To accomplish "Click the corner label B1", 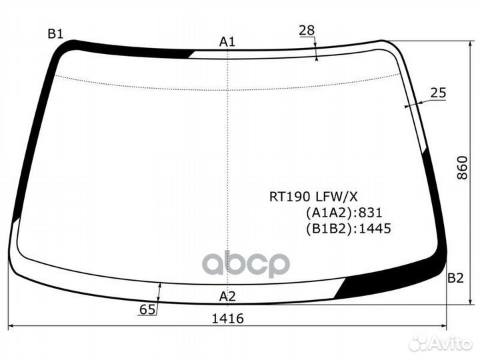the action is click(x=55, y=34).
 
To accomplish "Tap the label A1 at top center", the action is click(x=227, y=41).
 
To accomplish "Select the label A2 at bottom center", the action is click(x=227, y=296).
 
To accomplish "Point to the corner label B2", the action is click(x=455, y=278).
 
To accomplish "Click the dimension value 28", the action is click(x=307, y=30).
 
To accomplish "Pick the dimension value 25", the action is click(x=439, y=93).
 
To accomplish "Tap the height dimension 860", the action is click(x=462, y=168).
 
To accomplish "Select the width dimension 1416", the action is click(x=228, y=319).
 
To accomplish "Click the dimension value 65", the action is click(x=147, y=310).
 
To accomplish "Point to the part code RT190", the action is click(x=290, y=197).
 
